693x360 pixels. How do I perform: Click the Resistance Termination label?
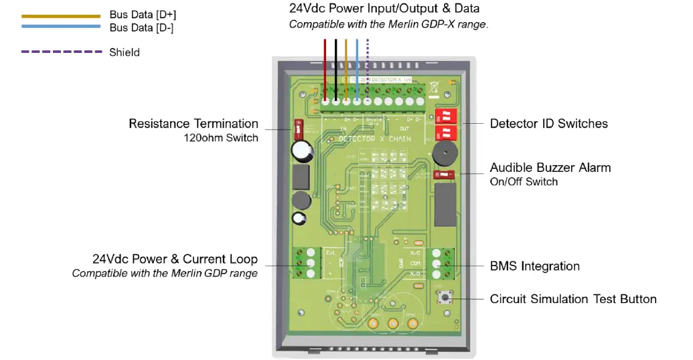click(194, 124)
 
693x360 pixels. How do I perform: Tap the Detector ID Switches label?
click(548, 124)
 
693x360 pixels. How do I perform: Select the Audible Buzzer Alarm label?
click(550, 168)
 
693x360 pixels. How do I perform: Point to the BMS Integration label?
click(534, 266)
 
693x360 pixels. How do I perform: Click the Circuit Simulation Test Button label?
click(573, 299)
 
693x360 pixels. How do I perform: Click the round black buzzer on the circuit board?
click(441, 153)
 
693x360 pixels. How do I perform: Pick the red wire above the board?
click(325, 67)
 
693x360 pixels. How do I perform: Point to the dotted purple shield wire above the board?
click(368, 67)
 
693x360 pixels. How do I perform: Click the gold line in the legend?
click(61, 15)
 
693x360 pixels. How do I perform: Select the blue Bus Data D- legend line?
click(61, 27)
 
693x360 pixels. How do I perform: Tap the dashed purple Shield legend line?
click(61, 52)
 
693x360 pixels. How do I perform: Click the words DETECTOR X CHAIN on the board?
click(374, 139)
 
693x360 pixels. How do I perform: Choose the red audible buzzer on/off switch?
click(444, 174)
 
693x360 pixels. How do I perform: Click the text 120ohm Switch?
click(221, 139)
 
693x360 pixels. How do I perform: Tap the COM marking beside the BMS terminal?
click(416, 264)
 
